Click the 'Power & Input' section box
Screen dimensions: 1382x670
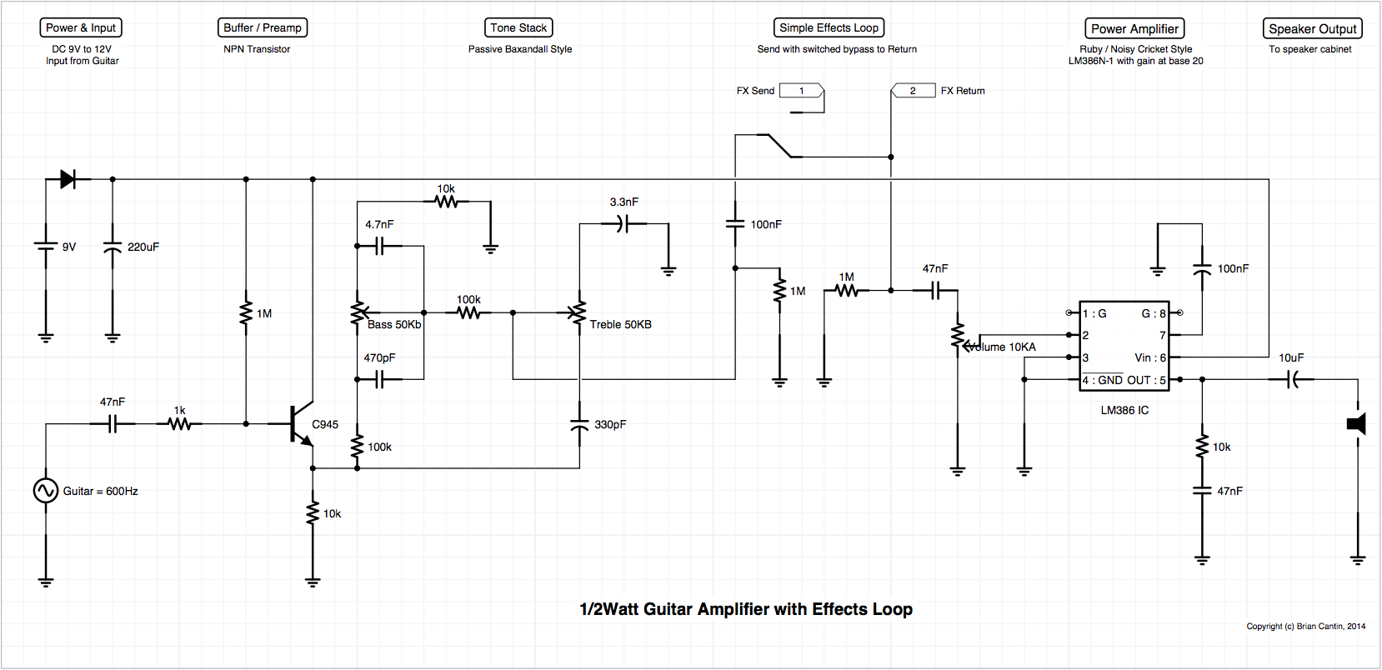(81, 27)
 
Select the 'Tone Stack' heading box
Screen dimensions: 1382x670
(518, 27)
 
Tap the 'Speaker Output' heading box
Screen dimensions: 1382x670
(1312, 28)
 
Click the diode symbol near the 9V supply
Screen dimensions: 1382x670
(68, 179)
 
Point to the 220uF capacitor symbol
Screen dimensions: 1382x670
(113, 247)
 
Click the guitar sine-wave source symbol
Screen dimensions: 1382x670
(46, 491)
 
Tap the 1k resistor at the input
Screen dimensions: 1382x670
(179, 424)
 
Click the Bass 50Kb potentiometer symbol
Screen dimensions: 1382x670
(358, 313)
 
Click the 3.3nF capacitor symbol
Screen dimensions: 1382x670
(623, 223)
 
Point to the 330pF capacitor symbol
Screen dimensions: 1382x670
(579, 424)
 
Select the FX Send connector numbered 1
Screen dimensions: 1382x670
(801, 91)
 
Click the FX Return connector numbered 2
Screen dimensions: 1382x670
(913, 91)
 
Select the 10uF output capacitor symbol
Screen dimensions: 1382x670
(1291, 379)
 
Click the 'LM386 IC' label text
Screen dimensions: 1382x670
(1124, 410)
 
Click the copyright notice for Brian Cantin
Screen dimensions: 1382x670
(1305, 626)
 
